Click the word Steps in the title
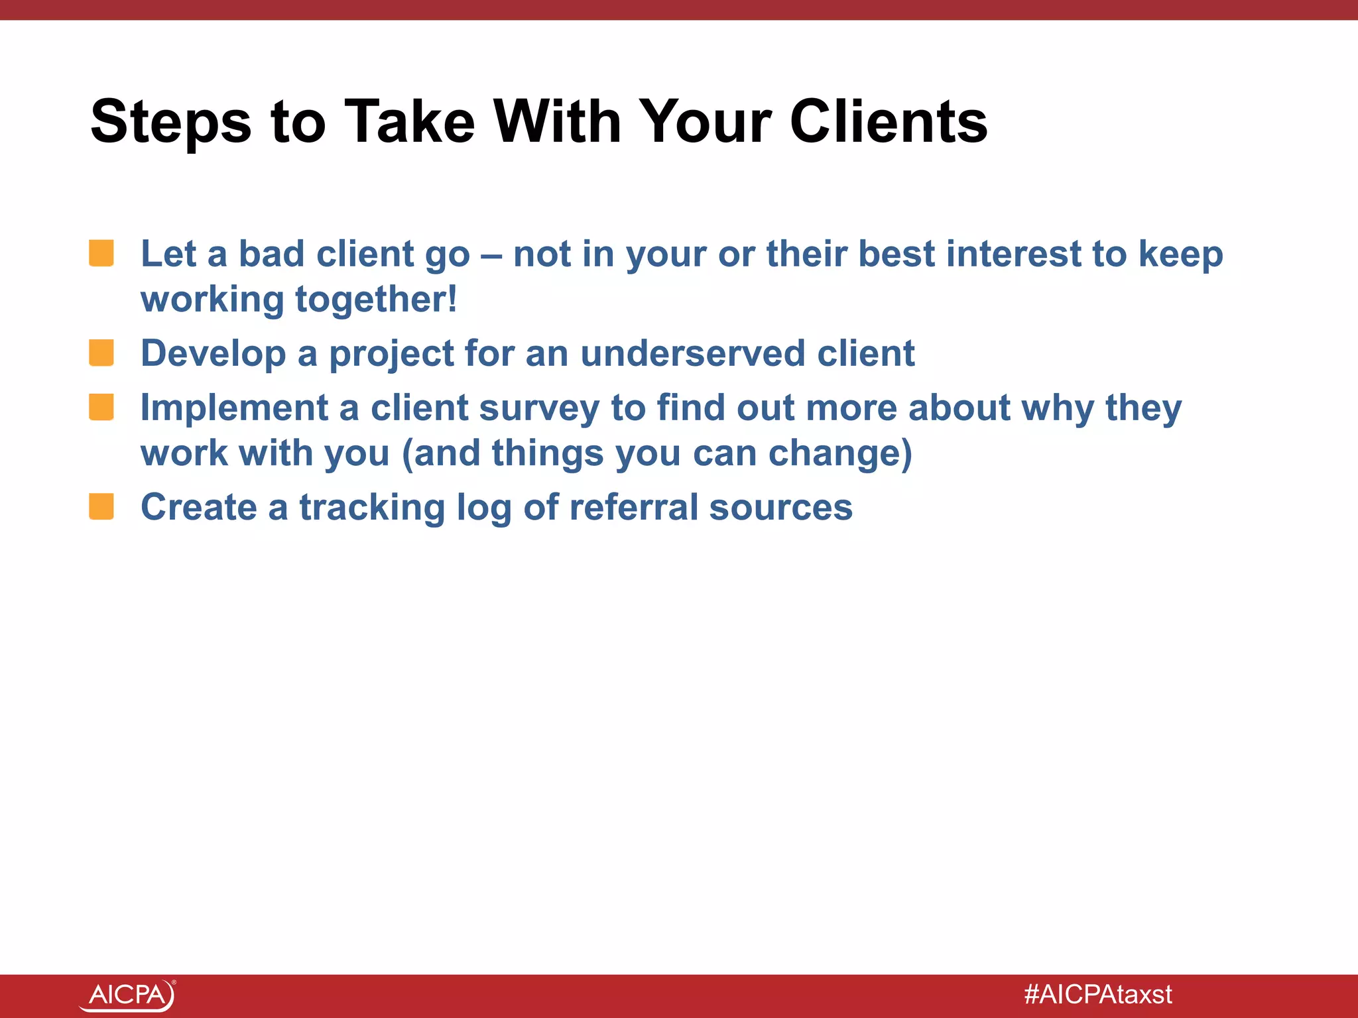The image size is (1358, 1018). click(x=170, y=123)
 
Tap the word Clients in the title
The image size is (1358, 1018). click(x=889, y=123)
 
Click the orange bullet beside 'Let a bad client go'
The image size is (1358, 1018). click(x=101, y=254)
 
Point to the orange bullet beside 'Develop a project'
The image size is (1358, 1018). click(x=101, y=353)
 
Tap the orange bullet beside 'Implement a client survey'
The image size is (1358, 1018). click(x=101, y=407)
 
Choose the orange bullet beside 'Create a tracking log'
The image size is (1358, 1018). click(x=101, y=507)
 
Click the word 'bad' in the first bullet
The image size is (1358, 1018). click(x=271, y=254)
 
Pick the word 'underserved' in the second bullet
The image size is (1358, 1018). click(x=693, y=353)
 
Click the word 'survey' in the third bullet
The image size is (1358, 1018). click(x=539, y=408)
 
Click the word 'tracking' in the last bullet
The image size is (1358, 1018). click(x=372, y=508)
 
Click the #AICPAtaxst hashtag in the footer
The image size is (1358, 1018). click(x=1098, y=995)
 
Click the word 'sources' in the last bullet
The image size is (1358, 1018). click(x=780, y=508)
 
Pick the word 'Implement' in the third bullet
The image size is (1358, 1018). click(x=234, y=409)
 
